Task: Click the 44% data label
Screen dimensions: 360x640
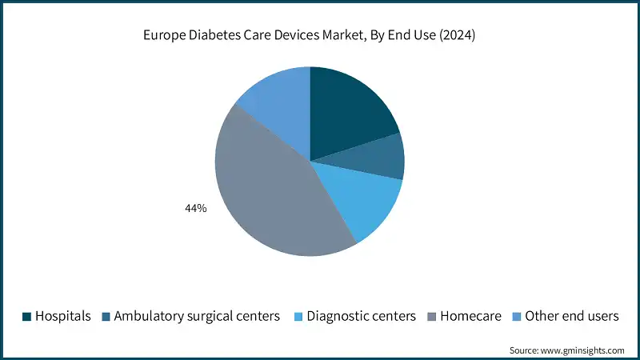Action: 195,208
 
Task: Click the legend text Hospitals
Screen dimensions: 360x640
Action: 63,317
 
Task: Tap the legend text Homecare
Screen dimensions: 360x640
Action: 470,317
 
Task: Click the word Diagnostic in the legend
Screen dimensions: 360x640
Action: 340,317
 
